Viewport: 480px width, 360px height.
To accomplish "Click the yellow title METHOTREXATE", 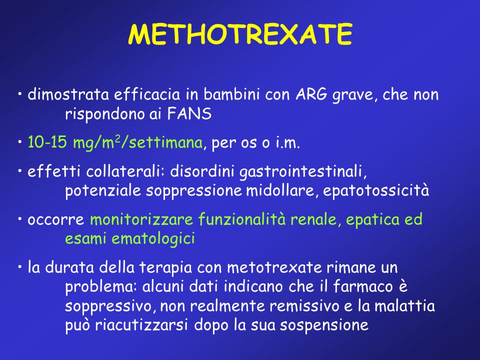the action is tap(240, 34).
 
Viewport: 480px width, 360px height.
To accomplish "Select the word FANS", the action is tap(189, 114).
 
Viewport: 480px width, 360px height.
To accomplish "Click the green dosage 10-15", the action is tap(47, 142).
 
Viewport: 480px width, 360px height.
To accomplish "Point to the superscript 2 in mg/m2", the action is tap(117, 139).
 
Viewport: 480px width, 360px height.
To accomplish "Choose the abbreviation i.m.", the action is tap(287, 142).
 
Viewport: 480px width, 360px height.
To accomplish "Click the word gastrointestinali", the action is tap(303, 172).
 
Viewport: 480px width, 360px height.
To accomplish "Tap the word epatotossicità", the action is tap(376, 191).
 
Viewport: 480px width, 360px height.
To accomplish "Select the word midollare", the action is tap(280, 190).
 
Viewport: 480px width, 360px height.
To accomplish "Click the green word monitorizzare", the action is tap(141, 219).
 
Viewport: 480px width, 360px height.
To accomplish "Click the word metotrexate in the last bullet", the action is tap(274, 267).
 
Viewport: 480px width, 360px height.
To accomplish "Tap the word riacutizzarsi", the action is tap(141, 325).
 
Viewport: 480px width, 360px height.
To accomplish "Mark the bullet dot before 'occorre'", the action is tap(19, 219).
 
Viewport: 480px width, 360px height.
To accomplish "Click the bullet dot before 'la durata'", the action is tap(19, 267).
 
